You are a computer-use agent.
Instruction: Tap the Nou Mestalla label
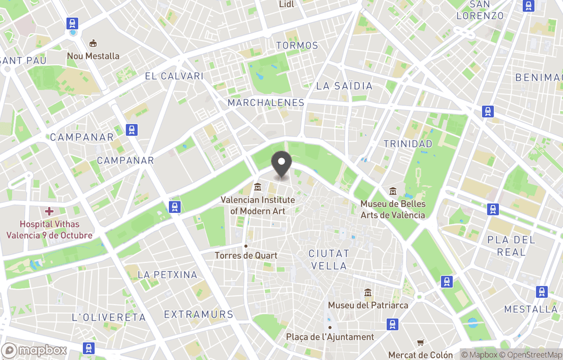click(93, 56)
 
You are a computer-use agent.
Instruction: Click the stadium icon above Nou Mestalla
click(93, 43)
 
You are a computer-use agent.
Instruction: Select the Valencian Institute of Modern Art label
click(258, 205)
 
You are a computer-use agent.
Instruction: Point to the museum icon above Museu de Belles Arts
click(393, 192)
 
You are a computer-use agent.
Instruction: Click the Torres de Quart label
click(246, 256)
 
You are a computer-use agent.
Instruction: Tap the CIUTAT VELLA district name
click(328, 259)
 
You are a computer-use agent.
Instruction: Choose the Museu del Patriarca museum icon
click(368, 293)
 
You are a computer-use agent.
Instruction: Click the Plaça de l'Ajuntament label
click(330, 337)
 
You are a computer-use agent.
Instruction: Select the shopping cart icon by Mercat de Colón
click(421, 343)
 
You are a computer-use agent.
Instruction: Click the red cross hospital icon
click(49, 211)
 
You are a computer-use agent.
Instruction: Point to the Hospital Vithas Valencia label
click(49, 230)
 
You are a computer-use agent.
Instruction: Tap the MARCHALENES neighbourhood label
click(266, 103)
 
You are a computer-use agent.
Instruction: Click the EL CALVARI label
click(174, 76)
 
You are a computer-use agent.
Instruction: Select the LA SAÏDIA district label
click(345, 86)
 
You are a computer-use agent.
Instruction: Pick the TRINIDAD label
click(408, 143)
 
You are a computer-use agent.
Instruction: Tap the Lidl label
click(287, 4)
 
